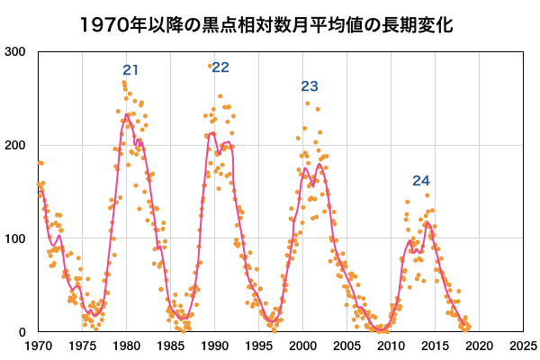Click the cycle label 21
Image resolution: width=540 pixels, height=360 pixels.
(x=131, y=70)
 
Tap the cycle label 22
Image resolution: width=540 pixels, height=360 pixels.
(x=220, y=67)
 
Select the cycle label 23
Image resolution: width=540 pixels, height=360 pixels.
(x=310, y=87)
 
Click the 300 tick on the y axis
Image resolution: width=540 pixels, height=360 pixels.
(x=14, y=52)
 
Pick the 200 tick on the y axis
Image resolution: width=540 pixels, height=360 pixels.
(x=14, y=146)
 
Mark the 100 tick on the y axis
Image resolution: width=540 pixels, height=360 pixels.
(x=14, y=239)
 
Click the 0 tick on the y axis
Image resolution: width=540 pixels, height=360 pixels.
(x=22, y=333)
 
